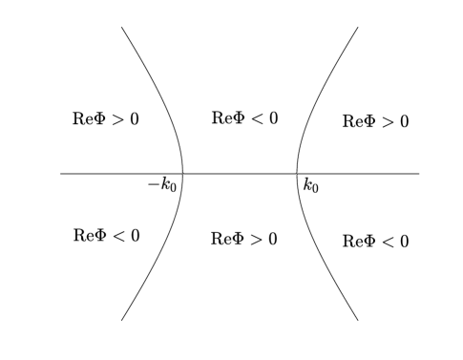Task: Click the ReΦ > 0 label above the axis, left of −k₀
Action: [105, 119]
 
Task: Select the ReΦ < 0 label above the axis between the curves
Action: [244, 118]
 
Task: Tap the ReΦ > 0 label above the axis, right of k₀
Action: [375, 121]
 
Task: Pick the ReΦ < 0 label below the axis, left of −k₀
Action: [106, 235]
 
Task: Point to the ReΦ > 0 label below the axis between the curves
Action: [243, 239]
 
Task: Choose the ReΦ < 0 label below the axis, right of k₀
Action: [375, 242]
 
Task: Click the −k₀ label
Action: [161, 185]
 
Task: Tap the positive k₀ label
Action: [310, 185]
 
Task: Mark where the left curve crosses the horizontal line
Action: [182, 174]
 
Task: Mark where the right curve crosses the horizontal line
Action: [298, 174]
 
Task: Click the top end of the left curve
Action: [121, 27]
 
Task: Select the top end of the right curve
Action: [358, 27]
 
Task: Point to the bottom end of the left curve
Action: [121, 320]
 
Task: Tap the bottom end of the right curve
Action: [358, 320]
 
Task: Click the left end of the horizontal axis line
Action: [61, 174]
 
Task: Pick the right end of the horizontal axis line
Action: [419, 174]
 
